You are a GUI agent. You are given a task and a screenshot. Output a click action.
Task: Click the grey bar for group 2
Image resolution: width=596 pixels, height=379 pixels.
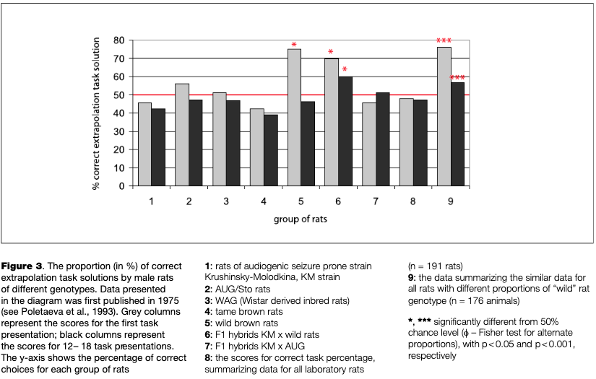coord(182,134)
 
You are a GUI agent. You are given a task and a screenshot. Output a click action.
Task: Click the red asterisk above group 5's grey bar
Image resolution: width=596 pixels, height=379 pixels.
coord(294,45)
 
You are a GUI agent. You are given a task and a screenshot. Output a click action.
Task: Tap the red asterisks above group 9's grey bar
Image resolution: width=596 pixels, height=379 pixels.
coord(444,41)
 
